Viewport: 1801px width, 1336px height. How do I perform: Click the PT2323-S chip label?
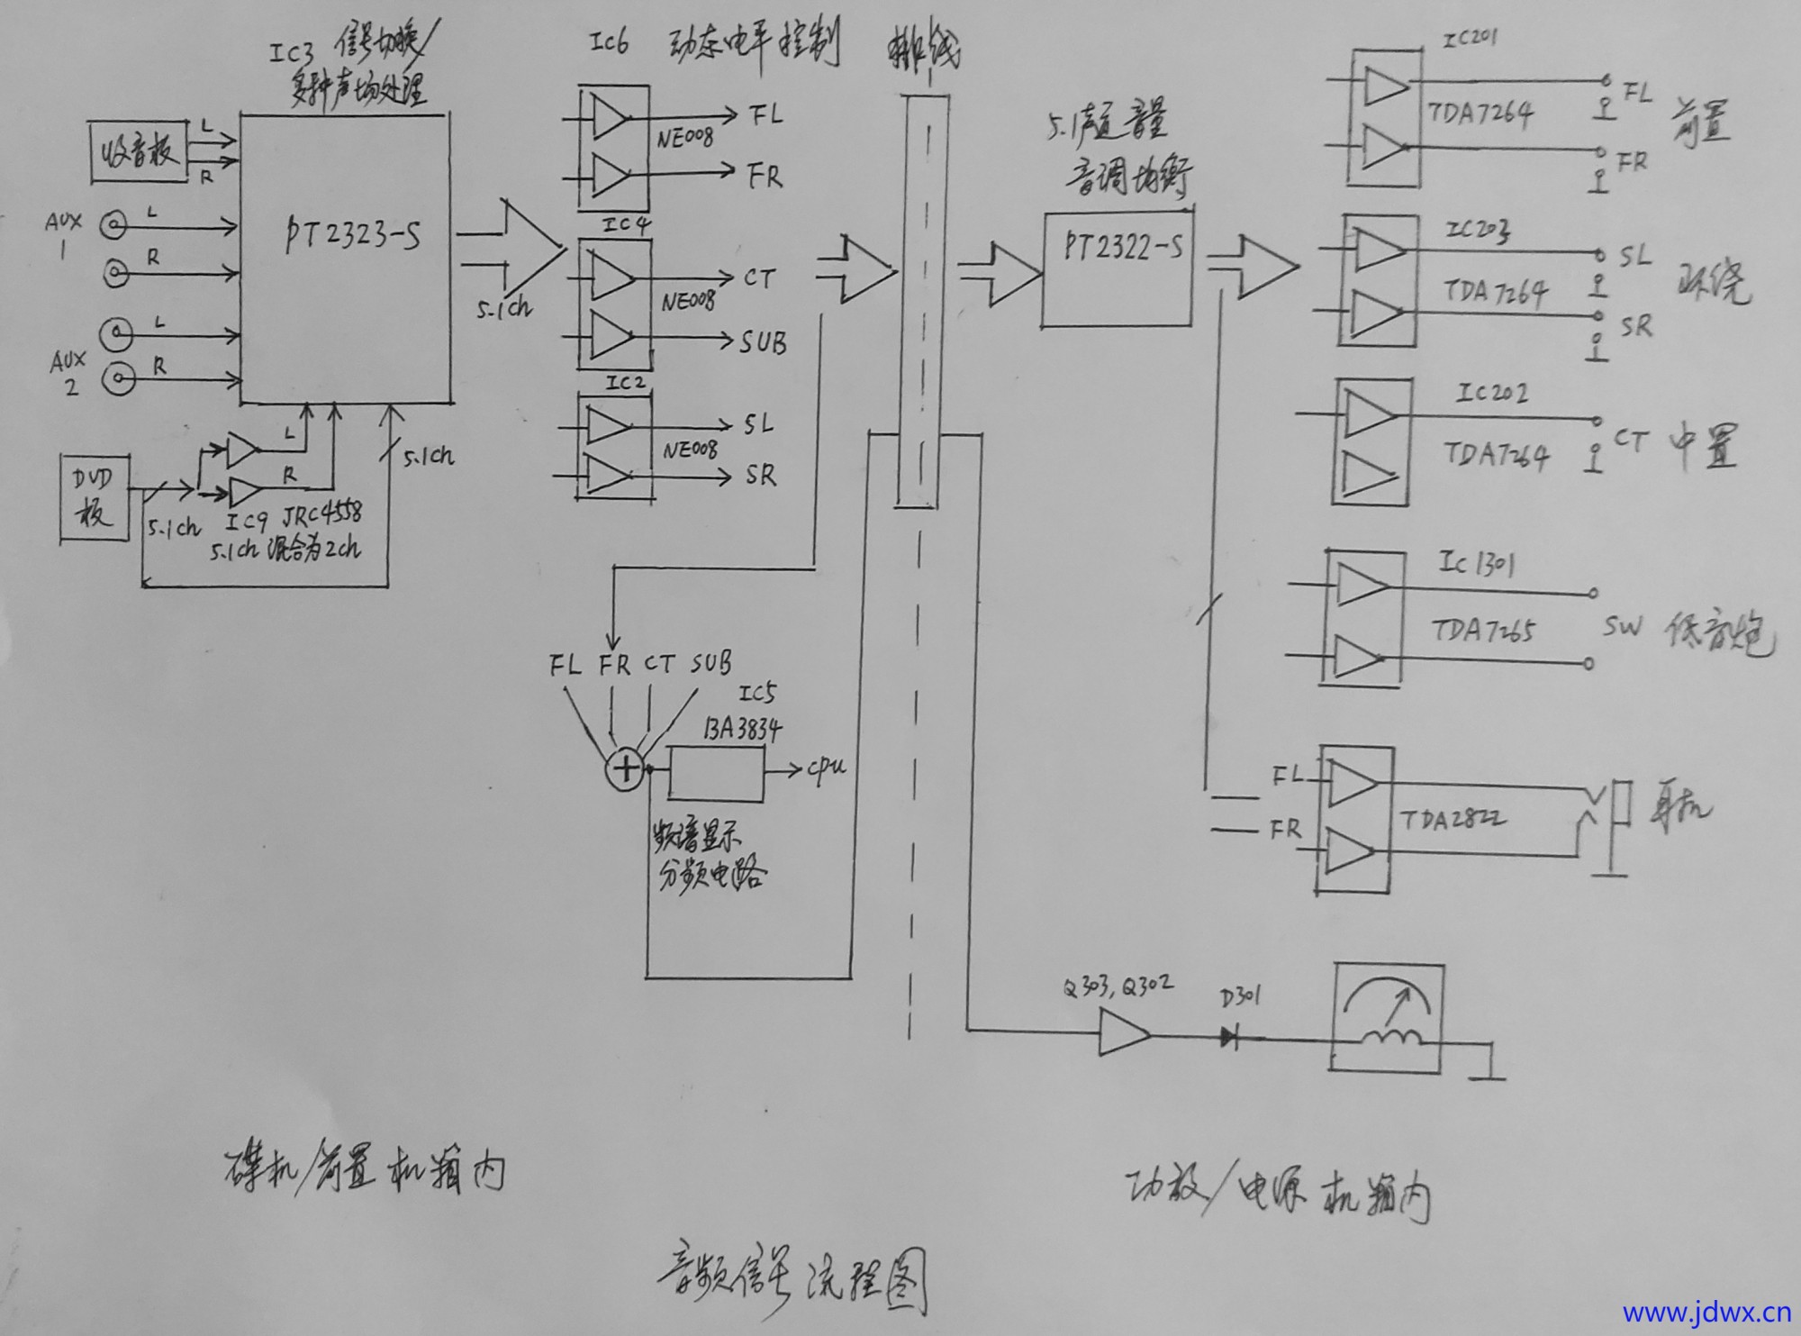(x=353, y=234)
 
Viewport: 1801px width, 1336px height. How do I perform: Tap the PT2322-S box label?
(x=1122, y=245)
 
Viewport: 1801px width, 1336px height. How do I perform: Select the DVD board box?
(x=95, y=498)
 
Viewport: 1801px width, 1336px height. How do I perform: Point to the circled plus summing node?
(x=625, y=769)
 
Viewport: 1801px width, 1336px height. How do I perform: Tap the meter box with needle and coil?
(x=1388, y=1018)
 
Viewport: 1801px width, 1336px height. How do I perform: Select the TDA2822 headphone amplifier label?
(x=1452, y=819)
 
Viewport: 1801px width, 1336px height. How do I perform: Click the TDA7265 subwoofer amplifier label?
(x=1481, y=630)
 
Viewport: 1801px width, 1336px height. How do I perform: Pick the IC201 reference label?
(x=1470, y=39)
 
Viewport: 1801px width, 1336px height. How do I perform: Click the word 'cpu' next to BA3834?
(x=826, y=767)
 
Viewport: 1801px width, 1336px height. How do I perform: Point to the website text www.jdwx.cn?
(x=1706, y=1313)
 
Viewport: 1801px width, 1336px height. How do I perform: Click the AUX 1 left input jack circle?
(x=114, y=225)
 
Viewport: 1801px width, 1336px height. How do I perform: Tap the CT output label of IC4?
(x=758, y=278)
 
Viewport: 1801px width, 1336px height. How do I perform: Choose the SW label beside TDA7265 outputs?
(x=1622, y=626)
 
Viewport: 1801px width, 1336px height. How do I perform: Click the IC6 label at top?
(x=609, y=42)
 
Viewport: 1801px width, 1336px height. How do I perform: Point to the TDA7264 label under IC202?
(x=1496, y=453)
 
